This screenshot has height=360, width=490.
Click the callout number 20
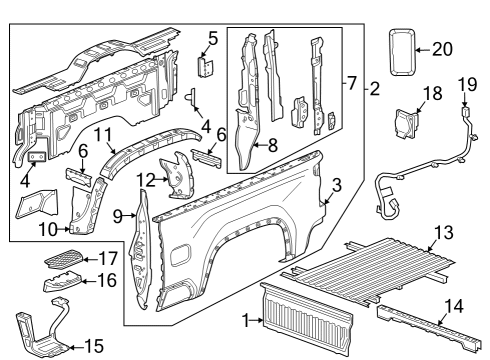click(x=443, y=47)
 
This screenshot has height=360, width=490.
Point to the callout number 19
click(x=463, y=86)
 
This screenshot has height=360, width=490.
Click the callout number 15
click(x=93, y=346)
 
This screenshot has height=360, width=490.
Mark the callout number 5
click(x=211, y=40)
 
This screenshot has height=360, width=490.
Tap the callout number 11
click(x=103, y=135)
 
